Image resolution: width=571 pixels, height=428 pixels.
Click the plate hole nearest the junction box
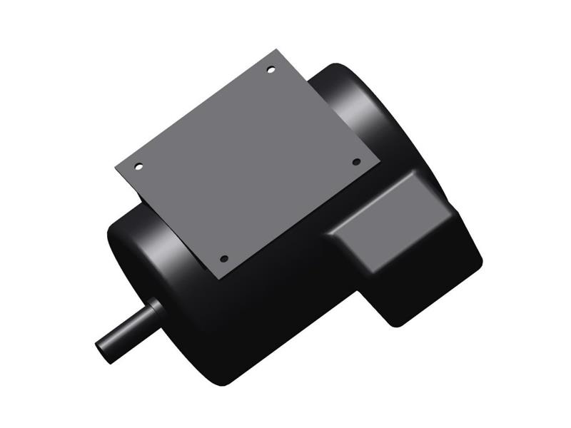click(356, 162)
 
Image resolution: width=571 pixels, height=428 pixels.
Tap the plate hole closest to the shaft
click(223, 258)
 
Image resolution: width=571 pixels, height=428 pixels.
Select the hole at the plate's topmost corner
click(271, 69)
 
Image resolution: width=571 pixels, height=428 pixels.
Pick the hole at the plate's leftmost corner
click(138, 167)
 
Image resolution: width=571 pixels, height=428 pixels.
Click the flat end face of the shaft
click(104, 350)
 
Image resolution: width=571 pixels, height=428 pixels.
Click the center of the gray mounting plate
click(247, 163)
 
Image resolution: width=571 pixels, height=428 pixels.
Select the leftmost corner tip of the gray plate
click(115, 168)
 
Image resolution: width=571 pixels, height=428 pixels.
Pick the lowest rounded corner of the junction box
click(396, 321)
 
